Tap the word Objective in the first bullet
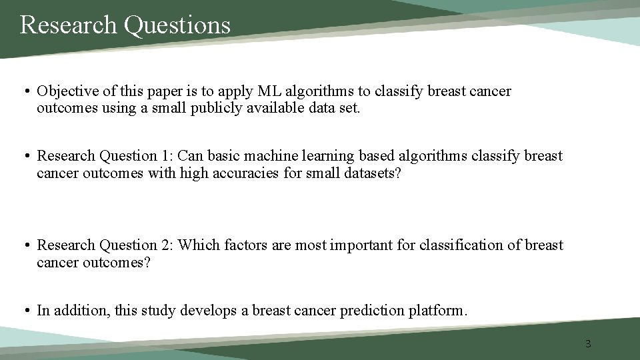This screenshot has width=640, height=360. [x=65, y=91]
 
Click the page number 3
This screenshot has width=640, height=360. [x=588, y=344]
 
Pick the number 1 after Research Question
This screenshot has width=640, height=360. [x=165, y=156]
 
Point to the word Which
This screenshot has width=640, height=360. [x=198, y=245]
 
